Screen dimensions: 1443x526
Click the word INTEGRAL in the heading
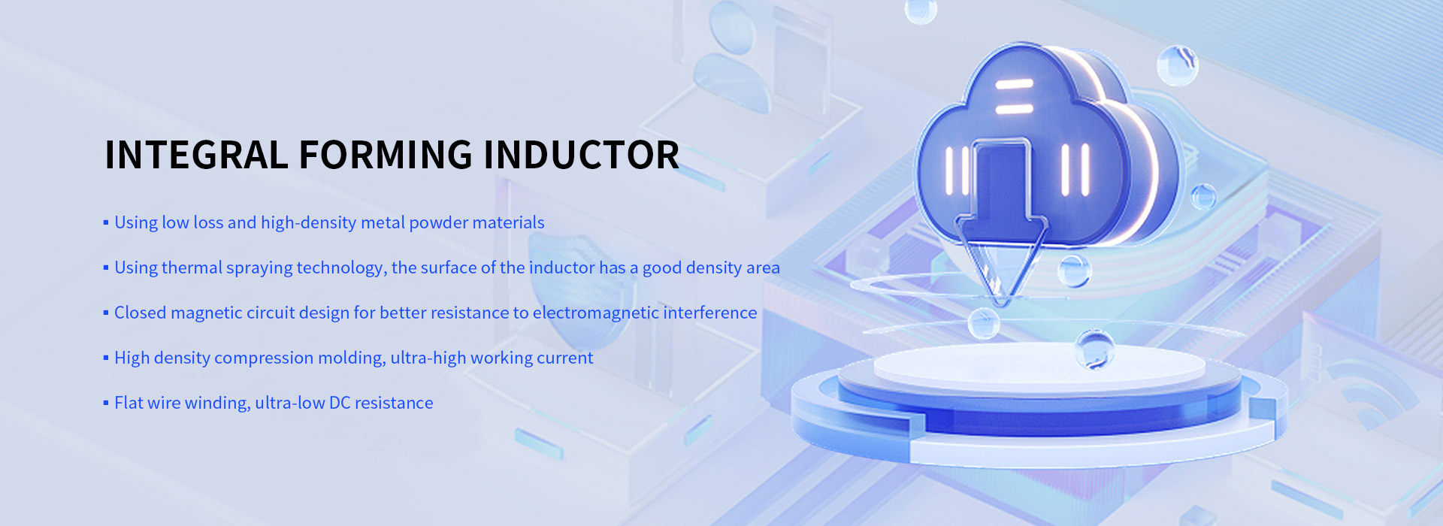[197, 155]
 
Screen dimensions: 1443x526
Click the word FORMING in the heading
[386, 155]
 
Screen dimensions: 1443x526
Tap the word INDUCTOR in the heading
[581, 155]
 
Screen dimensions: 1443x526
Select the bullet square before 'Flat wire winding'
[106, 403]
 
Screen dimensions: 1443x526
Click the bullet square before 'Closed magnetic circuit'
[106, 313]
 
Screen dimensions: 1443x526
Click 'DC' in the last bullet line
[340, 403]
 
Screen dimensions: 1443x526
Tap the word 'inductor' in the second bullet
[561, 268]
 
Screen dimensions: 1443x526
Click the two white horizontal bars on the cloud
[1014, 96]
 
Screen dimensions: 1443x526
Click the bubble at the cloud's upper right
[1177, 65]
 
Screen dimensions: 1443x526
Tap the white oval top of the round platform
[1039, 364]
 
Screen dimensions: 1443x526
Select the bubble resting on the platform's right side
[1094, 349]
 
